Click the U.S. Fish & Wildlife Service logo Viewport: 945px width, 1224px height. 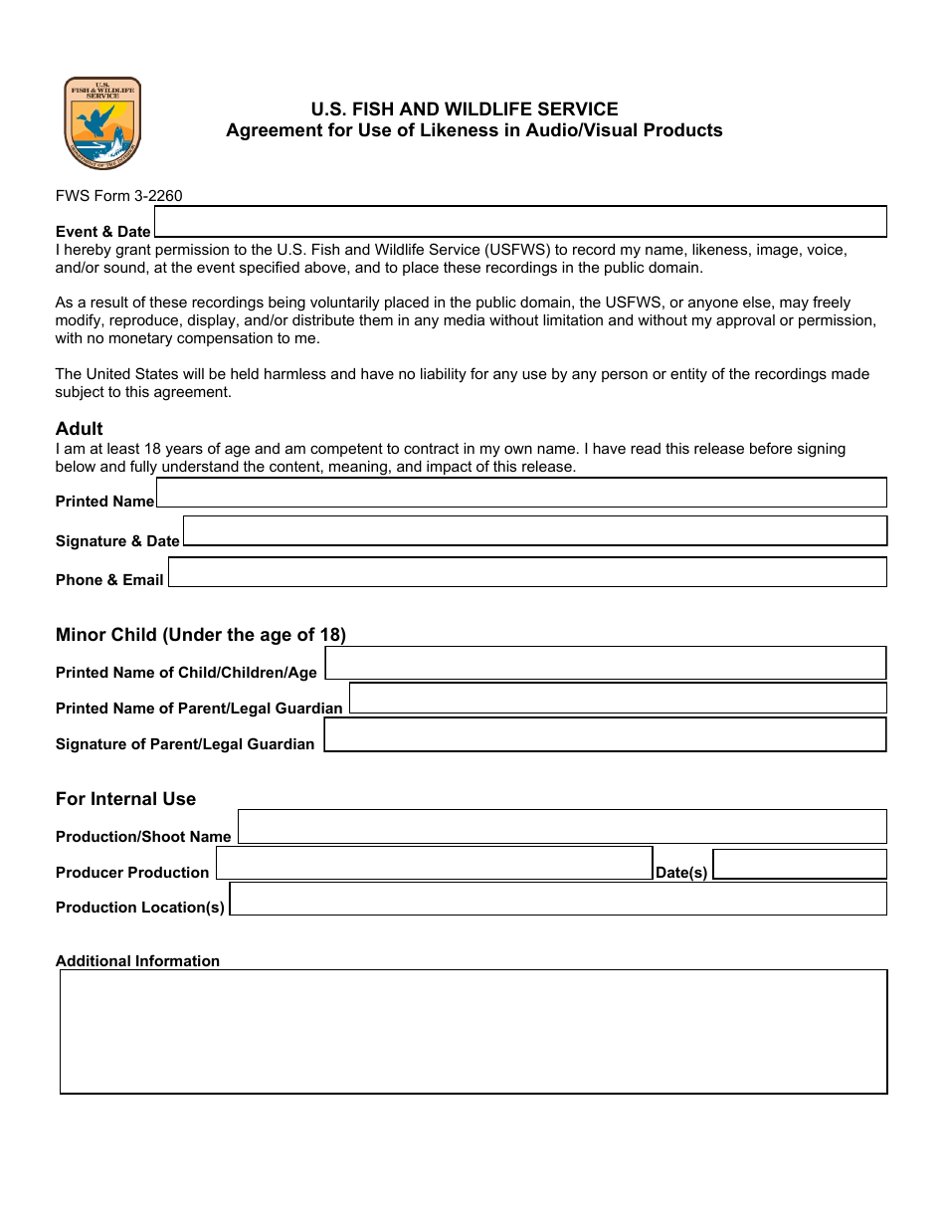pyautogui.click(x=102, y=123)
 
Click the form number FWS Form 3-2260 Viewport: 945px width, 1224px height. pyautogui.click(x=118, y=196)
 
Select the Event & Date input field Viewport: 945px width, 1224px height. pyautogui.click(x=520, y=221)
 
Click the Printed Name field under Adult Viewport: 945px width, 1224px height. pyautogui.click(x=521, y=493)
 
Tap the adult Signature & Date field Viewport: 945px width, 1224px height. pyautogui.click(x=534, y=530)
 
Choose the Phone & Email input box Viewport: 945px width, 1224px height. pyautogui.click(x=527, y=572)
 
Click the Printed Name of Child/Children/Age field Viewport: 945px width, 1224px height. pyautogui.click(x=605, y=663)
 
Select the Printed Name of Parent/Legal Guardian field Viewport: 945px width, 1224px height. pyautogui.click(x=617, y=699)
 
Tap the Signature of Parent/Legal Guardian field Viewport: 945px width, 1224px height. pyautogui.click(x=605, y=734)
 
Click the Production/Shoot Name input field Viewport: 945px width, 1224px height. pyautogui.click(x=562, y=827)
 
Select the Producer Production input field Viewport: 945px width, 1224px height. pyautogui.click(x=434, y=863)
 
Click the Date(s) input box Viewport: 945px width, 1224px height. pyautogui.click(x=800, y=864)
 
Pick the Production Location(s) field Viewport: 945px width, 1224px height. pyautogui.click(x=558, y=899)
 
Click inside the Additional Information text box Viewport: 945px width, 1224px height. pyautogui.click(x=473, y=1032)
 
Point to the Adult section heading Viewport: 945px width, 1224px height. pyautogui.click(x=80, y=429)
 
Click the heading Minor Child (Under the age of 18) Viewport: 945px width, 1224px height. pyautogui.click(x=201, y=635)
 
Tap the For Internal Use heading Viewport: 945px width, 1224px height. pyautogui.click(x=125, y=799)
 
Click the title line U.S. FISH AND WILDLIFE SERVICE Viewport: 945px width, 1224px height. pyautogui.click(x=465, y=109)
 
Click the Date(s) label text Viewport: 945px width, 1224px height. pyautogui.click(x=681, y=873)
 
